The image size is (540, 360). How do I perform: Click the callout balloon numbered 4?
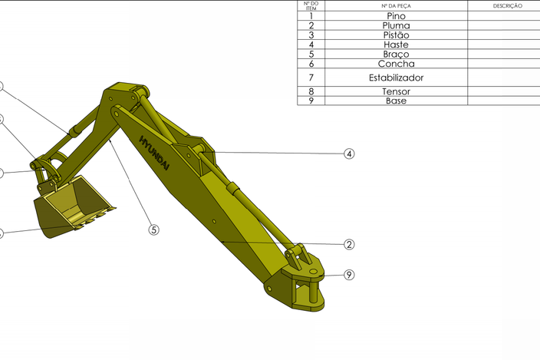coord(349,154)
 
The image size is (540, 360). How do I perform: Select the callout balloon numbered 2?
coord(349,245)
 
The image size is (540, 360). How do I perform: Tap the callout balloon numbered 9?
coord(349,275)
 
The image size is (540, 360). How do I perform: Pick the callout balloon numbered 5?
coord(153,229)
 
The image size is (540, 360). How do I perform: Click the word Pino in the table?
coord(396,15)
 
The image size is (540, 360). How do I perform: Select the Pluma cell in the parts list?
coord(396,25)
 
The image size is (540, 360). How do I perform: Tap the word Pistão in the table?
coord(396,35)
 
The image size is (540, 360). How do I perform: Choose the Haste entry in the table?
coord(396,45)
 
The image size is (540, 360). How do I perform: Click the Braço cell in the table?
coord(396,54)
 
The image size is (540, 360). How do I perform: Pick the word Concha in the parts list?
coord(396,64)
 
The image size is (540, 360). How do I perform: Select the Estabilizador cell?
coord(396,78)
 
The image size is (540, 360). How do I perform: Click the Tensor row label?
coord(396,91)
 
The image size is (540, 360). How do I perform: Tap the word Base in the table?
coord(396,101)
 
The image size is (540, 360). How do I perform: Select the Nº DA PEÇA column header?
coord(396,5)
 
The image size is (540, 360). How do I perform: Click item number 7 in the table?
coord(311,78)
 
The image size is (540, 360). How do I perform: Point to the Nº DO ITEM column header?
coord(311,5)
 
